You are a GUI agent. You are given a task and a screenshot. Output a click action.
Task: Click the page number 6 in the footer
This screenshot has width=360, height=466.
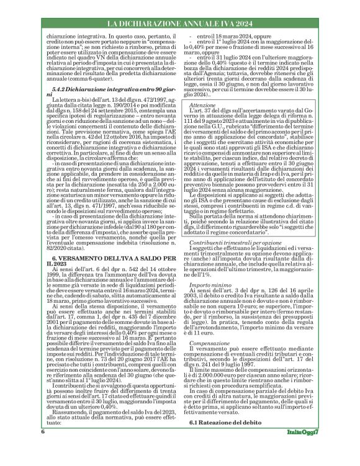[43, 449]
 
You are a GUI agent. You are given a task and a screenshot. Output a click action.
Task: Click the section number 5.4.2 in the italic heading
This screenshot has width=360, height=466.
[65, 108]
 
